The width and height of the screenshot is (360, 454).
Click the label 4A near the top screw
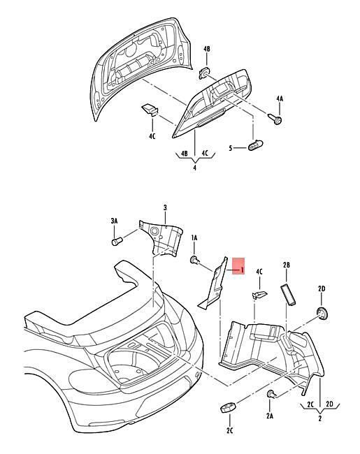pos(279,98)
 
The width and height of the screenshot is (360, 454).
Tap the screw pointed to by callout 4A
pos(275,119)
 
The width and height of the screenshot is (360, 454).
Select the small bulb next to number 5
pos(256,145)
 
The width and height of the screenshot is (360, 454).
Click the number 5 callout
pos(231,148)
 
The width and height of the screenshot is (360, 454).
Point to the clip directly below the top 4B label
pos(205,73)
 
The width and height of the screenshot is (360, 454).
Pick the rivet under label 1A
pos(194,260)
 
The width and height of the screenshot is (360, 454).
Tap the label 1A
pos(194,238)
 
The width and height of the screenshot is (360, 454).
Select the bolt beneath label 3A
pos(117,241)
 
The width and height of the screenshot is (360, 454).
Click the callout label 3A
pos(114,221)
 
